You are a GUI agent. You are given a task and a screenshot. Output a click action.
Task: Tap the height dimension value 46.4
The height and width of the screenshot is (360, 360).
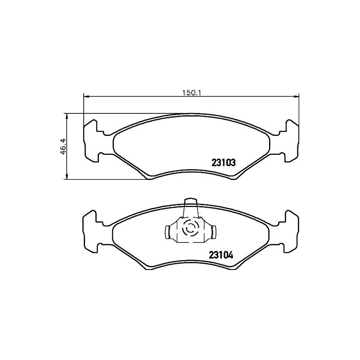pyautogui.click(x=63, y=146)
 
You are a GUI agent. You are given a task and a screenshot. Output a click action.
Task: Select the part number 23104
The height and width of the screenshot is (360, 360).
pyautogui.click(x=220, y=254)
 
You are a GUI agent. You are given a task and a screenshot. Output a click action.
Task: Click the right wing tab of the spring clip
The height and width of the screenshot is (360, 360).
pyautogui.click(x=214, y=232)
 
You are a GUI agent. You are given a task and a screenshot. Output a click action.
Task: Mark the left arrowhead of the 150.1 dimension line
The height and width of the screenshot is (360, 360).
pyautogui.click(x=86, y=96)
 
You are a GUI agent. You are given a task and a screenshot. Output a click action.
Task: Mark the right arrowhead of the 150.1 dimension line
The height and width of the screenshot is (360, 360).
pyautogui.click(x=297, y=96)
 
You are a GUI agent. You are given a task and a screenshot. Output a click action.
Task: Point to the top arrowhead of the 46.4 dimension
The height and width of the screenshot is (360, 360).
pyautogui.click(x=67, y=115)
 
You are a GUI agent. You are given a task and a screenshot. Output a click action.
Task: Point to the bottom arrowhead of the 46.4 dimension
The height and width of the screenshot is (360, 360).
pyautogui.click(x=67, y=177)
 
